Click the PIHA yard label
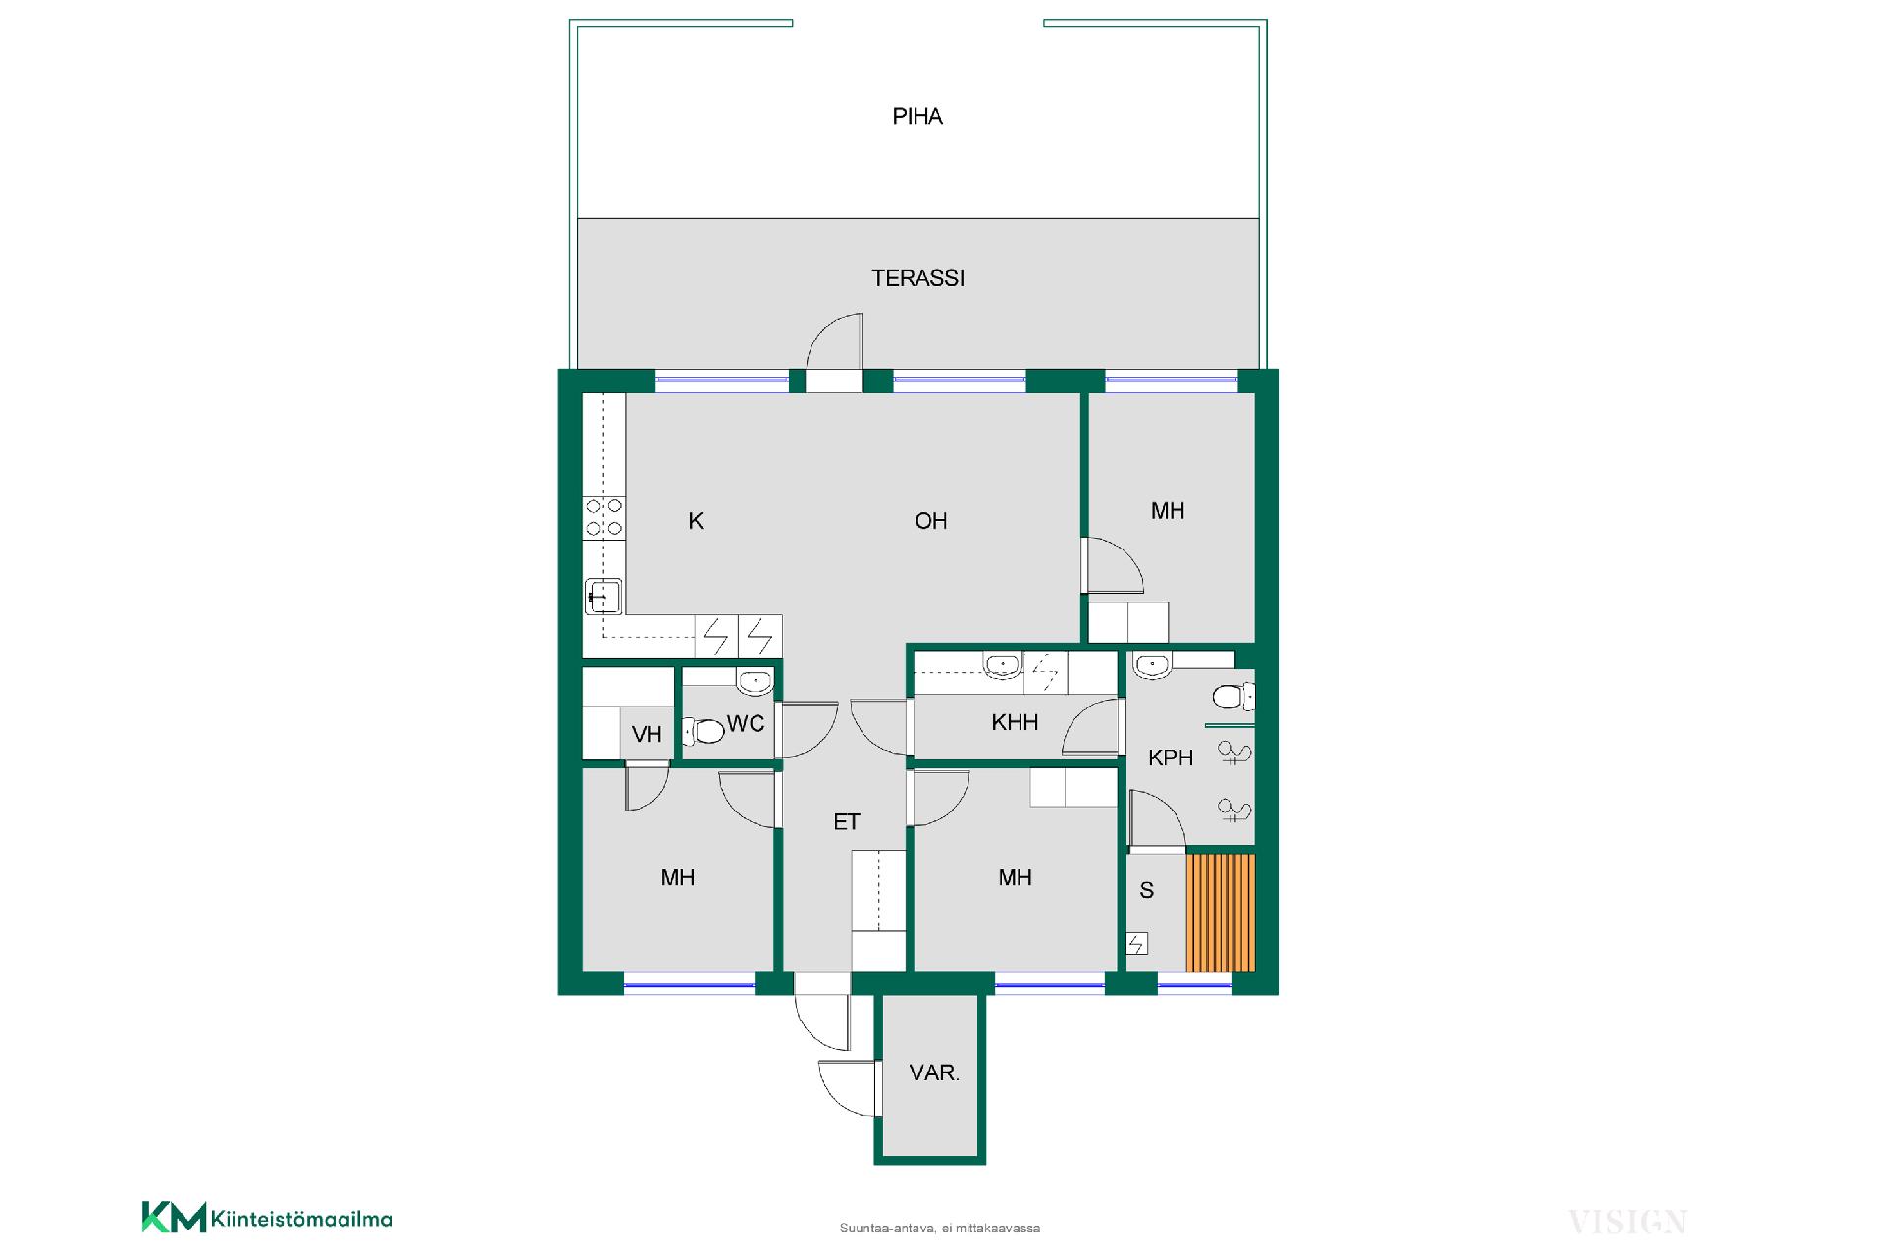917,117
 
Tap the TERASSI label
918,279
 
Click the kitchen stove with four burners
604,517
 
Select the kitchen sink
603,597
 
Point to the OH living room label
931,521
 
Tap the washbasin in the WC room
755,681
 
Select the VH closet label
647,735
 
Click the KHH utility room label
1015,723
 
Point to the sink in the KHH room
1003,666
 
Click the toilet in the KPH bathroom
1232,697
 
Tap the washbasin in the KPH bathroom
1151,666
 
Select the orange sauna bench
1221,913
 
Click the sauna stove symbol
1136,944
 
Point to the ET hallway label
847,822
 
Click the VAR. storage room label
934,1073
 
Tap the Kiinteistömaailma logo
267,1218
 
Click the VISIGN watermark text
1627,1223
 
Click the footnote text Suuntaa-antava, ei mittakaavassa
940,1228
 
